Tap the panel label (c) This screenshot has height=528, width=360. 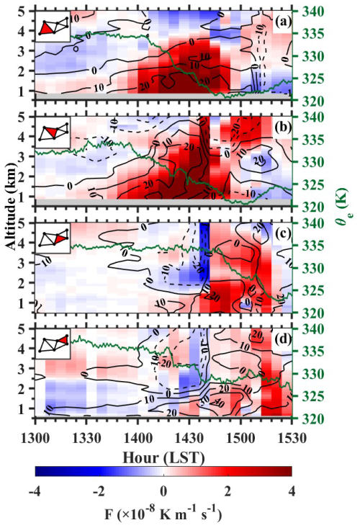pos(282,233)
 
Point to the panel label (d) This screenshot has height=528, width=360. pos(282,339)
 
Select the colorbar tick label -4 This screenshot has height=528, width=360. pos(35,491)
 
